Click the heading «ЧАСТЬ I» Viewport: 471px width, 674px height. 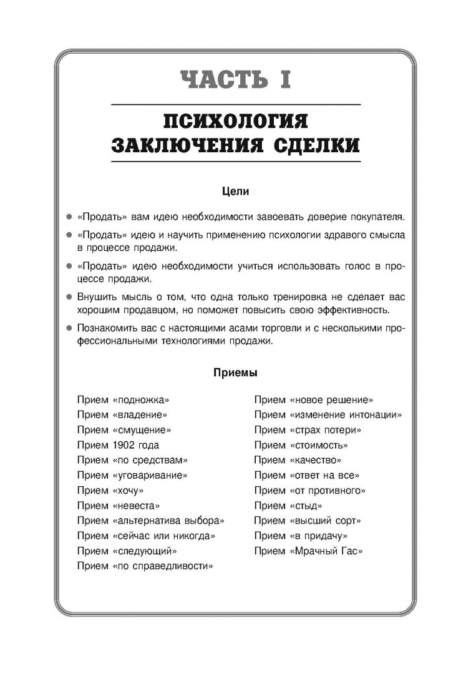235,81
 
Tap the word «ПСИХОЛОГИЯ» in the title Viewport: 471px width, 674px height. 235,120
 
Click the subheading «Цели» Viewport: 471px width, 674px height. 235,192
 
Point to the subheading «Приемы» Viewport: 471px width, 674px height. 235,373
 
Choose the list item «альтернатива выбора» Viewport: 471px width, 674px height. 168,520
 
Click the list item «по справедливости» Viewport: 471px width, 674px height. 163,566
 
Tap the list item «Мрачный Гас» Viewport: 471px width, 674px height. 326,551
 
